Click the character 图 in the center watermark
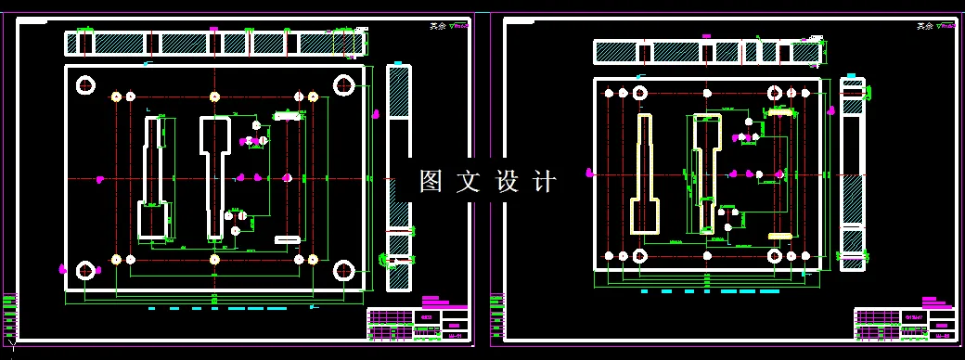(x=430, y=181)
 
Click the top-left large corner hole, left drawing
(x=86, y=85)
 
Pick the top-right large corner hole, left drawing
(x=344, y=85)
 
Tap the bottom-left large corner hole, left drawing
(x=86, y=271)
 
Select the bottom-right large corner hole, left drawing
(x=344, y=271)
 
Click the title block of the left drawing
(x=417, y=323)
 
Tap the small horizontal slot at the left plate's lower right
(x=288, y=239)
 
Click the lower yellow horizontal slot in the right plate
(x=780, y=236)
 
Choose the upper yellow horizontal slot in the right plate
(x=780, y=112)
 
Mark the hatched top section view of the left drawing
(x=214, y=43)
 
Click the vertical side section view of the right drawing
(x=852, y=174)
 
